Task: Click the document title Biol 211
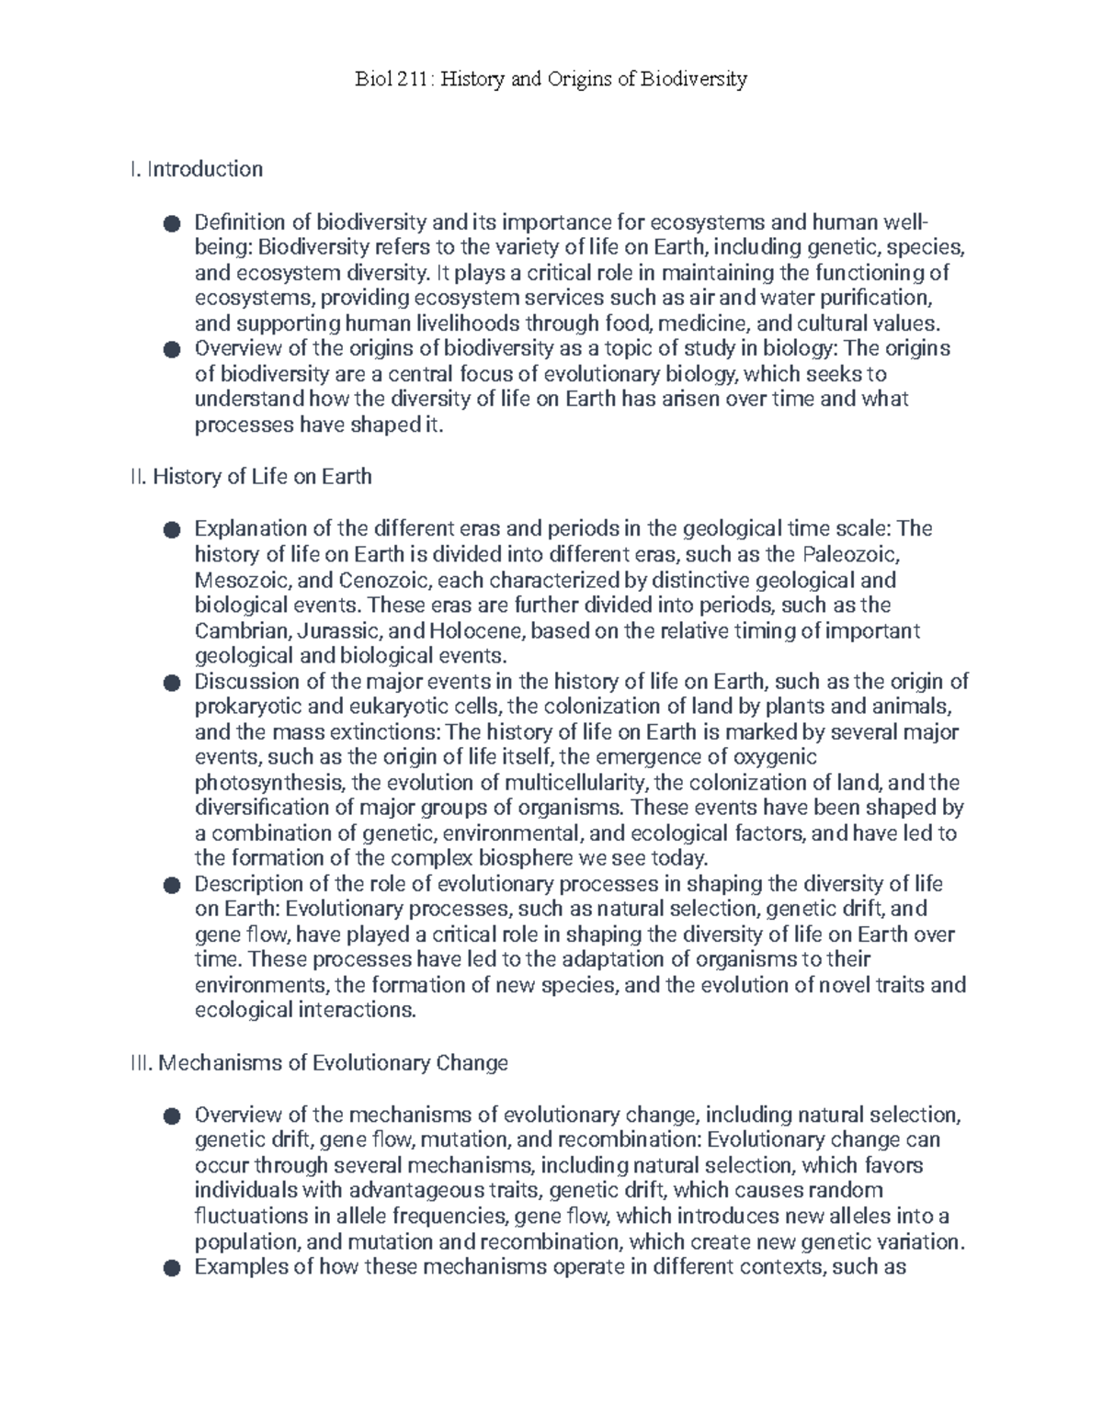(551, 79)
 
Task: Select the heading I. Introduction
(197, 169)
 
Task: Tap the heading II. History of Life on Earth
(251, 477)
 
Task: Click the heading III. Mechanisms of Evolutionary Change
(319, 1063)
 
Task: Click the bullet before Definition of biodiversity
(170, 223)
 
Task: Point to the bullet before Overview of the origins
(170, 350)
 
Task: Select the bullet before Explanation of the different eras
(170, 530)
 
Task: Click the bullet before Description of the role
(170, 886)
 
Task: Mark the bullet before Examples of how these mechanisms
(170, 1269)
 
